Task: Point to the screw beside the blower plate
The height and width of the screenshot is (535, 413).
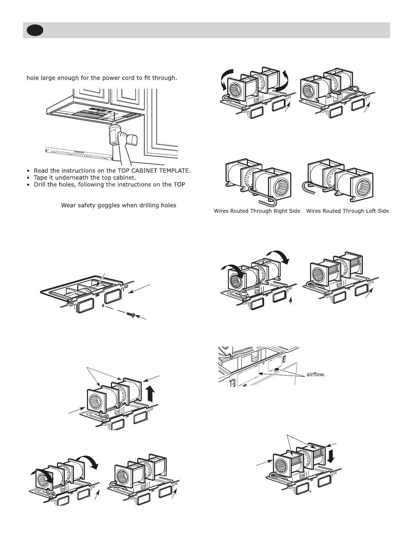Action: point(130,315)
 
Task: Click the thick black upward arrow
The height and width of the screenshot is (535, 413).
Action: point(150,393)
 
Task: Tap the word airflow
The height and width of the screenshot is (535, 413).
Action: point(316,375)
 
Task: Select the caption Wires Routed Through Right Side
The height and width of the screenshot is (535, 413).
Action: point(257,211)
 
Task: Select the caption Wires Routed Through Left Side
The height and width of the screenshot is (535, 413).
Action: point(347,211)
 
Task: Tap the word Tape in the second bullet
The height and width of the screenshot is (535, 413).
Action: point(40,178)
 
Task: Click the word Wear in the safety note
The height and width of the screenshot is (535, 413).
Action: point(67,205)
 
